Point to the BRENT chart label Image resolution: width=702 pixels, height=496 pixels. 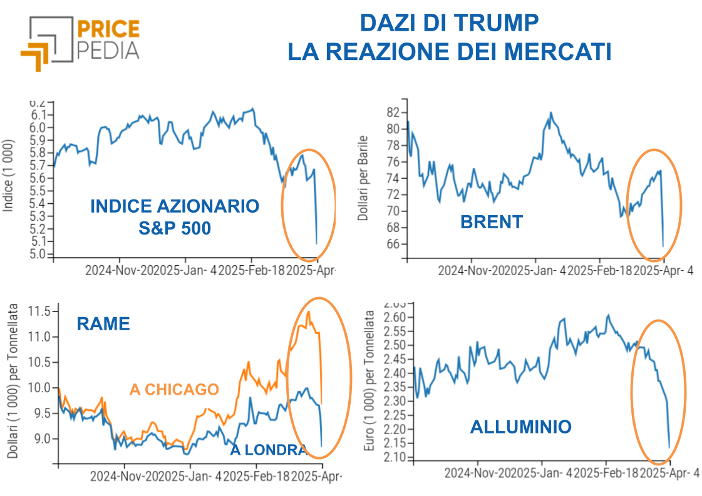click(x=491, y=221)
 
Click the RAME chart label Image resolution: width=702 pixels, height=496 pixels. click(x=103, y=323)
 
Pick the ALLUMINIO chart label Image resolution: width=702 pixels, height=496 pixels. click(x=520, y=427)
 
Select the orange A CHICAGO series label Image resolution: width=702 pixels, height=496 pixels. click(x=174, y=389)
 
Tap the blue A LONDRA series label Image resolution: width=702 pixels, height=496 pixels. click(x=268, y=450)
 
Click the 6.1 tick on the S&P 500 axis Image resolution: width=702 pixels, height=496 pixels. click(x=39, y=115)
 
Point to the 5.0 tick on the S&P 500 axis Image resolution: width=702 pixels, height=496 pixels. click(x=39, y=255)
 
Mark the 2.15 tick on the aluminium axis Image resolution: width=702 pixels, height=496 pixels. click(x=395, y=443)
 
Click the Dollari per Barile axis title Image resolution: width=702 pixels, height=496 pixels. click(x=363, y=178)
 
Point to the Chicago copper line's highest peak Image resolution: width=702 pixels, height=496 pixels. click(x=308, y=311)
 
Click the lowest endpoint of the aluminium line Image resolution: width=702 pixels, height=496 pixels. click(x=669, y=447)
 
